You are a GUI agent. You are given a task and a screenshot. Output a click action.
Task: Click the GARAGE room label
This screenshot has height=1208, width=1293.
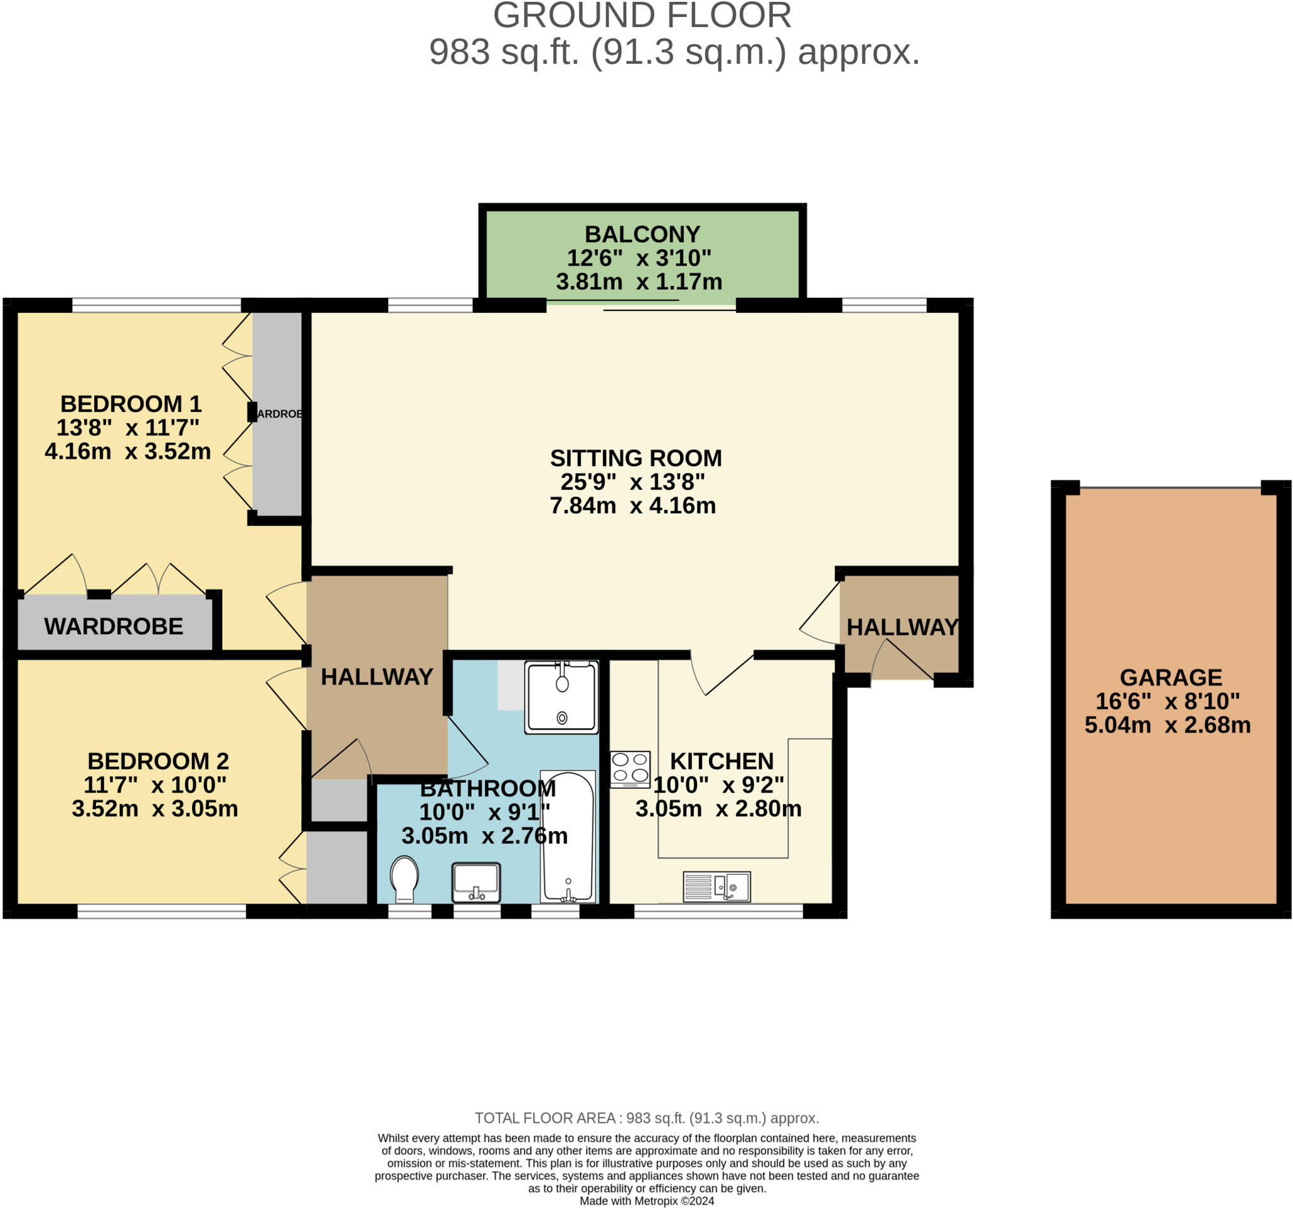pos(1170,677)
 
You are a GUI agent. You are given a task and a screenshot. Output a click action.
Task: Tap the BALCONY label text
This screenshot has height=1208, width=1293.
pos(642,234)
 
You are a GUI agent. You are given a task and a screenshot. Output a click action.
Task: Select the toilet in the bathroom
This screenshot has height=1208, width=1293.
pos(404,878)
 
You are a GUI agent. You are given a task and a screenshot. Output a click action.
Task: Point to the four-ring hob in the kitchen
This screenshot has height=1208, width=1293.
pos(629,769)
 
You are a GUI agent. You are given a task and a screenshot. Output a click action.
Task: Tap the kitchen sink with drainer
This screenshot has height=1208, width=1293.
pos(716,886)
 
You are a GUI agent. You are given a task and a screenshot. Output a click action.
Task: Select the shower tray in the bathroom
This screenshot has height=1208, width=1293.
pos(561,697)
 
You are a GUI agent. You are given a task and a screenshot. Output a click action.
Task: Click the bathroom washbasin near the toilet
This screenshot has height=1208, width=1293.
pos(476,882)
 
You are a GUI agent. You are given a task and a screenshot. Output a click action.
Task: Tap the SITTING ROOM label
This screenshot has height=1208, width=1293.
pos(635,458)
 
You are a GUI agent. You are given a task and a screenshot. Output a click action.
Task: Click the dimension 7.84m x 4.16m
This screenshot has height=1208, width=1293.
pos(632,505)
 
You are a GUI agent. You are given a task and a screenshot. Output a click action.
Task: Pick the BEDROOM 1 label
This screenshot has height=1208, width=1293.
pos(131,404)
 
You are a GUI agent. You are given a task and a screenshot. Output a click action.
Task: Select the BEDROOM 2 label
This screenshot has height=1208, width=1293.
pos(158,761)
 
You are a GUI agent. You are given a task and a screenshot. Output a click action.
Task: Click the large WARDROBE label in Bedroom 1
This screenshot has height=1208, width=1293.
pos(114,626)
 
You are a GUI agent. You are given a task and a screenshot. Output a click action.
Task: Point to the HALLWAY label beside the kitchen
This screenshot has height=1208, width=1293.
pos(902,627)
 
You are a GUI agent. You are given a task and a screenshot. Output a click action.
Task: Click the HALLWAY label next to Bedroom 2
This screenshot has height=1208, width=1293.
pos(376,677)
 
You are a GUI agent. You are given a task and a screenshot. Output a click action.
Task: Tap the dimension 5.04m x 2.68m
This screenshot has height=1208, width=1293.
pos(1167,725)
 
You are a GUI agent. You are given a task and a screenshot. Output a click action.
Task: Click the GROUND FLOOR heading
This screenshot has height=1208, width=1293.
pos(642,16)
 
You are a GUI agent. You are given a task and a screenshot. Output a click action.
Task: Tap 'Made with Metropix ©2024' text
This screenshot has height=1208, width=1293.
pos(646,1201)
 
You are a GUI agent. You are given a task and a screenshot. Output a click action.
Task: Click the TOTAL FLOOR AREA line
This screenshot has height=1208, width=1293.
pos(646,1118)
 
